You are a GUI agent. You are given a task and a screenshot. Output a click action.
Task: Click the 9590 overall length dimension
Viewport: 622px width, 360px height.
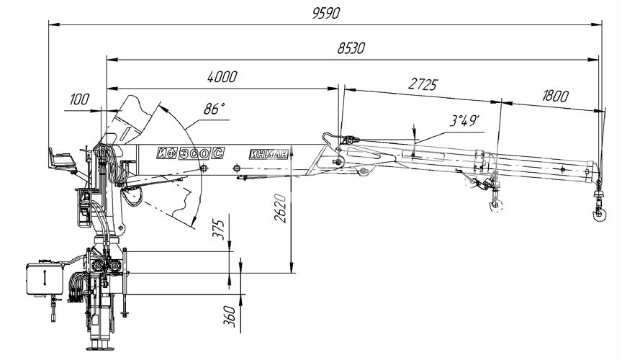326,13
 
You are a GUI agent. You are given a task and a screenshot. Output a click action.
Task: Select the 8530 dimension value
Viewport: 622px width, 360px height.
351,48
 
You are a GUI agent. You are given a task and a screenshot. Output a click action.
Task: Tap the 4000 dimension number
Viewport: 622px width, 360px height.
222,76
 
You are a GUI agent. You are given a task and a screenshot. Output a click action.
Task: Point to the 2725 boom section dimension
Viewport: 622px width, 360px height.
423,84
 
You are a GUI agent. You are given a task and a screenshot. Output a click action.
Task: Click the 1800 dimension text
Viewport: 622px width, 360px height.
555,96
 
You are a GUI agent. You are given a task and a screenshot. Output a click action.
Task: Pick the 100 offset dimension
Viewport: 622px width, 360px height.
79,99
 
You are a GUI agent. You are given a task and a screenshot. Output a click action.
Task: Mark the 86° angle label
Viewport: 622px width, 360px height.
215,108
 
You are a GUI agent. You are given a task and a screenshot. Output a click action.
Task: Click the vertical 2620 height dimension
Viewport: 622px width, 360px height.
281,208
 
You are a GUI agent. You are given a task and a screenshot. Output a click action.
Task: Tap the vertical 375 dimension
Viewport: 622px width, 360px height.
219,230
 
